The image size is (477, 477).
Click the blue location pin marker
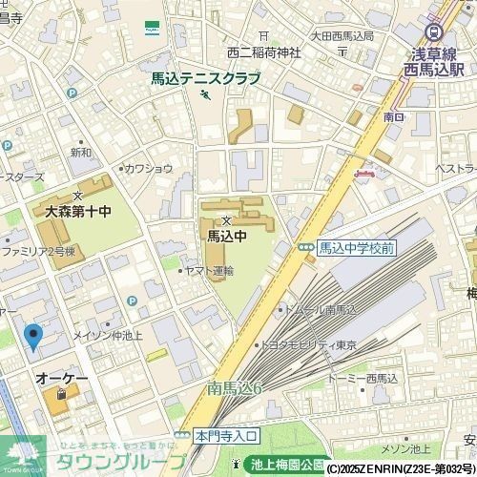pos(33,337)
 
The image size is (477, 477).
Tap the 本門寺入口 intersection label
pos(226,435)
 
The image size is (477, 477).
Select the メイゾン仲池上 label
pos(107,335)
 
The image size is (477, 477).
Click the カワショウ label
pos(149,169)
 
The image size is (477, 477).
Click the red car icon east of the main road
pos(363,173)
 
